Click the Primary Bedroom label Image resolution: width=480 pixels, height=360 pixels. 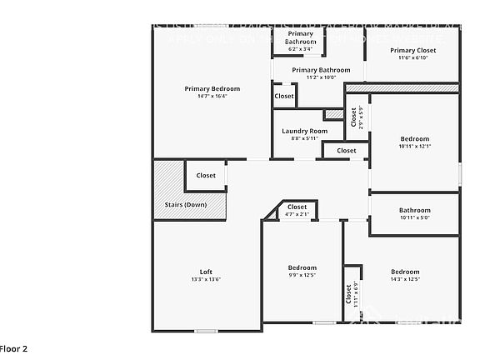pyautogui.click(x=212, y=88)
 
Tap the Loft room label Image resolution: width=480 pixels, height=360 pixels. pyautogui.click(x=206, y=272)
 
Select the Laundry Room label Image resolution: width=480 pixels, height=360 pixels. pyautogui.click(x=304, y=131)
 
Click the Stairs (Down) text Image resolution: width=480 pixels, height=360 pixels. pyautogui.click(x=185, y=204)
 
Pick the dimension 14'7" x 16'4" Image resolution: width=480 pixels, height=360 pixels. pyautogui.click(x=212, y=96)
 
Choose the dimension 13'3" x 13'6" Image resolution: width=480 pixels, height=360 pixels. pyautogui.click(x=206, y=279)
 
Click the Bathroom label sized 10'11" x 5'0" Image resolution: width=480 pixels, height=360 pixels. pyautogui.click(x=414, y=210)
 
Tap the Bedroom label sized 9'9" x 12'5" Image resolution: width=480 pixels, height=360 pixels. pyautogui.click(x=302, y=267)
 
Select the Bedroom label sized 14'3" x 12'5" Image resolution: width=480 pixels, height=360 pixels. pyautogui.click(x=405, y=272)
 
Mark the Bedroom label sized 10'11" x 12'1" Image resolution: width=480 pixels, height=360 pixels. pyautogui.click(x=414, y=138)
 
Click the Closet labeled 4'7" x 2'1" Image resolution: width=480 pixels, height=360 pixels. pyautogui.click(x=297, y=207)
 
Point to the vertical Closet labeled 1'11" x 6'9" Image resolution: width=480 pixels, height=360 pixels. pyautogui.click(x=348, y=294)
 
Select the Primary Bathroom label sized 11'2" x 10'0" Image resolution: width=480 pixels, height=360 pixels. pyautogui.click(x=321, y=70)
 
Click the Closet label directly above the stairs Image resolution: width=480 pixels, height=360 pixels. pyautogui.click(x=206, y=175)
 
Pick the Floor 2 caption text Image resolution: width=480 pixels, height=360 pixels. pyautogui.click(x=14, y=348)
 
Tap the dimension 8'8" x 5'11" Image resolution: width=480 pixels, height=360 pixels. pyautogui.click(x=304, y=138)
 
